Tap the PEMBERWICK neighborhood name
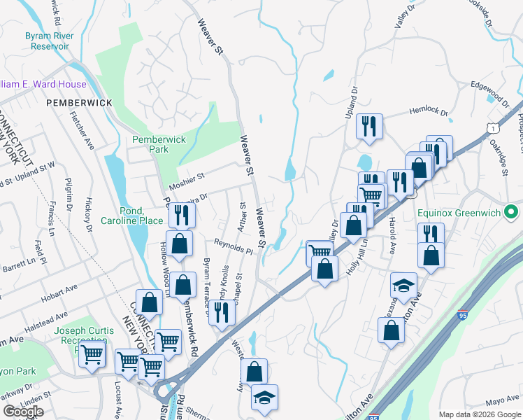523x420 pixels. (x=80, y=103)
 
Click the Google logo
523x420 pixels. (x=23, y=412)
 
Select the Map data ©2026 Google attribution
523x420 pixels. (x=480, y=414)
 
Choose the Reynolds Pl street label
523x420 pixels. (x=234, y=246)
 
